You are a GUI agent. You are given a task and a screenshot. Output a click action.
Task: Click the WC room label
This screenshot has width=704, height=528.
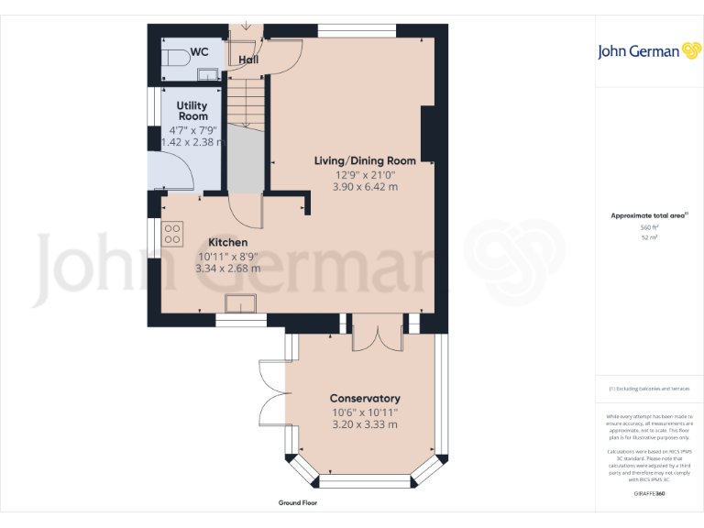pyautogui.click(x=200, y=52)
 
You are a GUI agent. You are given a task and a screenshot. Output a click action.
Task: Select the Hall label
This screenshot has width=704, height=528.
pyautogui.click(x=248, y=60)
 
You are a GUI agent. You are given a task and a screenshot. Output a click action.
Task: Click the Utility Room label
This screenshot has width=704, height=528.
pyautogui.click(x=192, y=111)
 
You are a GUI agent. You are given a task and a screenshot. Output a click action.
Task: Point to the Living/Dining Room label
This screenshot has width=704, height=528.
pyautogui.click(x=365, y=160)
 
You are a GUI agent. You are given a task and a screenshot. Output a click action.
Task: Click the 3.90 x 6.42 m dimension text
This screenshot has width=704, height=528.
pyautogui.click(x=365, y=186)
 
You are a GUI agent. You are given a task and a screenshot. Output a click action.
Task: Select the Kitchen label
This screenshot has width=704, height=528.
pyautogui.click(x=226, y=242)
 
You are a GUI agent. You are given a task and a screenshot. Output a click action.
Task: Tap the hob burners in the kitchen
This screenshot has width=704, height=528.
pyautogui.click(x=171, y=235)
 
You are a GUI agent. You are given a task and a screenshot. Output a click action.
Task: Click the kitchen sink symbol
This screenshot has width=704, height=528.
pyautogui.click(x=241, y=303)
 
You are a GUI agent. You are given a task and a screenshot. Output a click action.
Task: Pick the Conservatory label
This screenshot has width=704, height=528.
pyautogui.click(x=365, y=399)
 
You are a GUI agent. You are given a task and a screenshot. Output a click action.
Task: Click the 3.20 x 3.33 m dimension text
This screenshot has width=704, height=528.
pyautogui.click(x=365, y=424)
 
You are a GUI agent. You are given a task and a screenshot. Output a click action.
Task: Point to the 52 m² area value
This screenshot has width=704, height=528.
pyautogui.click(x=649, y=236)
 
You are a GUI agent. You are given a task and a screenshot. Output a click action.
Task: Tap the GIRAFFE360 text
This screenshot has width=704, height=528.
pyautogui.click(x=649, y=494)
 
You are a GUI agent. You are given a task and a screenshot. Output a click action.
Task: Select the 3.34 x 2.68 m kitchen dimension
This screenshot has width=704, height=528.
pyautogui.click(x=227, y=269)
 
